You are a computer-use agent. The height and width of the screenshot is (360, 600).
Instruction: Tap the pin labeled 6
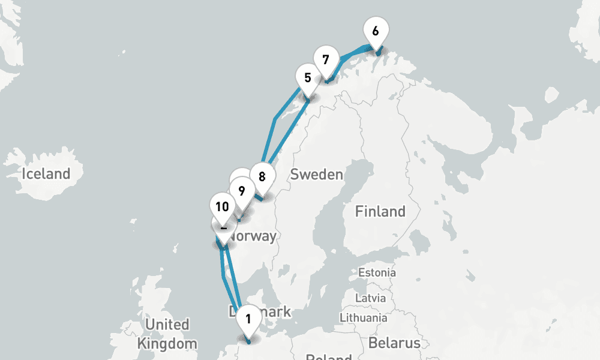tap(376, 31)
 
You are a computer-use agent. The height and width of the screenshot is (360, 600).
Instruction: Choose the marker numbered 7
tap(325, 60)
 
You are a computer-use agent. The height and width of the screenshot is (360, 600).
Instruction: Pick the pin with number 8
tap(262, 176)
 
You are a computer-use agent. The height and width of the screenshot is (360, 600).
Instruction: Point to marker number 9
tap(241, 191)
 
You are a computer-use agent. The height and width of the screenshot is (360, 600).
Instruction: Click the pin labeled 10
tap(222, 207)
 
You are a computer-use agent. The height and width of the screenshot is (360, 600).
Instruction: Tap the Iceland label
tap(46, 174)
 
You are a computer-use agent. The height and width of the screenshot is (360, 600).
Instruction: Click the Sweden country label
tap(316, 175)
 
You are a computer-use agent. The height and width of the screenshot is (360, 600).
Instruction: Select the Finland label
tap(380, 211)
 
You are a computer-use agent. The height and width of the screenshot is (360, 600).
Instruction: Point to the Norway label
tap(255, 236)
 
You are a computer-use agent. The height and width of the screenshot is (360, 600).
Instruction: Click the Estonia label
tap(377, 272)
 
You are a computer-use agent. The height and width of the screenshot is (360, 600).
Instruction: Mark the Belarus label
tap(394, 343)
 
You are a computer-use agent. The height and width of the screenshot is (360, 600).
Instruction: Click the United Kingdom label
tap(167, 334)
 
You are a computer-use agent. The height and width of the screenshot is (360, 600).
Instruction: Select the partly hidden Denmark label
tap(273, 312)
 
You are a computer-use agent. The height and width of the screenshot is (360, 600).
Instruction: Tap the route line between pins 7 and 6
tap(353, 53)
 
